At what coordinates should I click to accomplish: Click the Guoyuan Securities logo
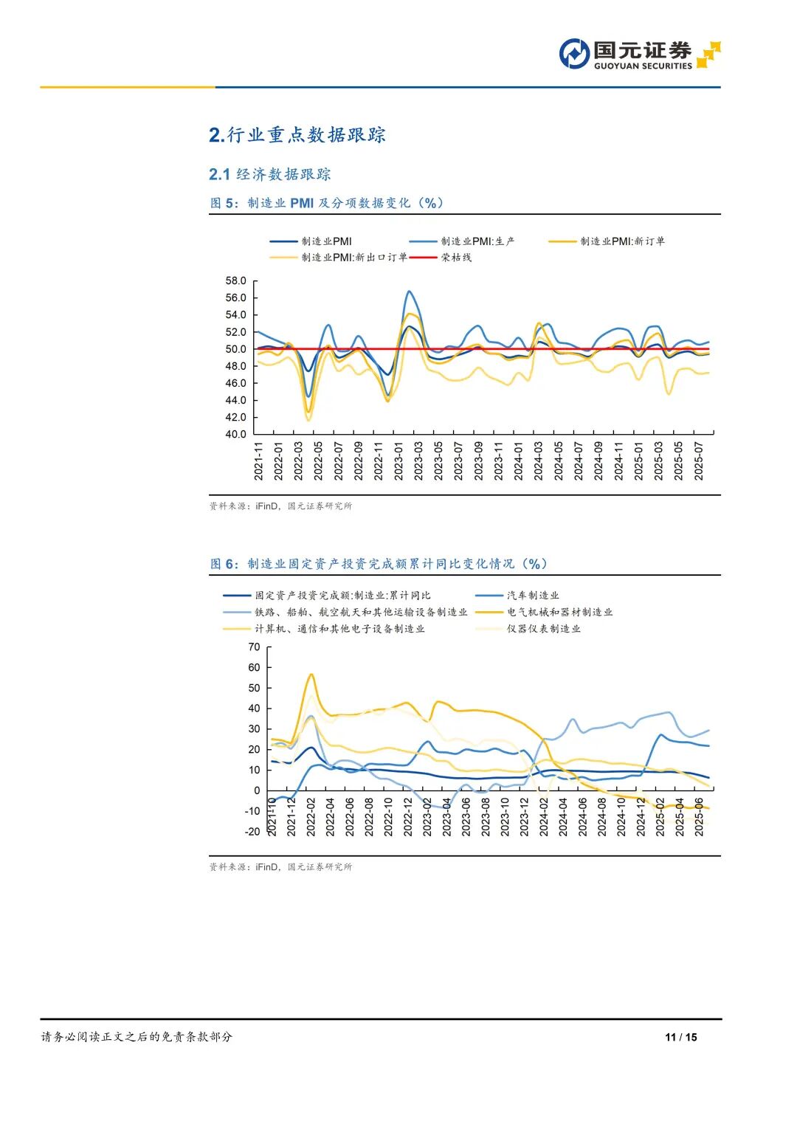pos(639,55)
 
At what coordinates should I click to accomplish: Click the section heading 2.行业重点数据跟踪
pos(297,135)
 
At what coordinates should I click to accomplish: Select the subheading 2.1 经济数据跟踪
pos(270,174)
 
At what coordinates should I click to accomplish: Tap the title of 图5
pos(327,203)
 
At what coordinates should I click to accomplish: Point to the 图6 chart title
pos(379,564)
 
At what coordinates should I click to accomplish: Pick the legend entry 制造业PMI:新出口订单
pos(353,258)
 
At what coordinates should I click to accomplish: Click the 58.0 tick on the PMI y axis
pos(236,281)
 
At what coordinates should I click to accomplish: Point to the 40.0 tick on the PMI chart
pos(236,434)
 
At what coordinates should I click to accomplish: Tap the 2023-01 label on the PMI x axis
pos(399,461)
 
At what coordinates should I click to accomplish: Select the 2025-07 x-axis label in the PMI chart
pos(699,461)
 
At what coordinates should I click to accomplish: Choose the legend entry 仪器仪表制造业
pos(544,629)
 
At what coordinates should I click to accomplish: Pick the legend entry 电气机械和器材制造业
pos(559,612)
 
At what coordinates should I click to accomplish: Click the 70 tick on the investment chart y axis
pos(255,647)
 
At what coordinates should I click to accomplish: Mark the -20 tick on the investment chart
pos(252,832)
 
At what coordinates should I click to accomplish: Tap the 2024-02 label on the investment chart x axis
pos(544,817)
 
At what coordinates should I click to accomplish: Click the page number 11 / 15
pos(680,1037)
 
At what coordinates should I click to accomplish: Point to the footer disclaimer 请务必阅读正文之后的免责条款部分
pos(137,1037)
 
